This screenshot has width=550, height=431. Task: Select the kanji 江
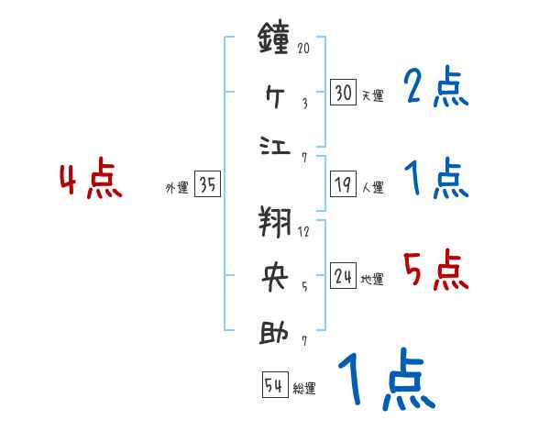[x=275, y=147]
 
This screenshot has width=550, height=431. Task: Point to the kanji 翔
[x=275, y=222]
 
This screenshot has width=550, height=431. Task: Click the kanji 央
[x=275, y=276]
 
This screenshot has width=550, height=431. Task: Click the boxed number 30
[x=343, y=92]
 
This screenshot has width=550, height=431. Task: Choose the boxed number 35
[x=207, y=185]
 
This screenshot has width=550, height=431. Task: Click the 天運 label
[x=372, y=95]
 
